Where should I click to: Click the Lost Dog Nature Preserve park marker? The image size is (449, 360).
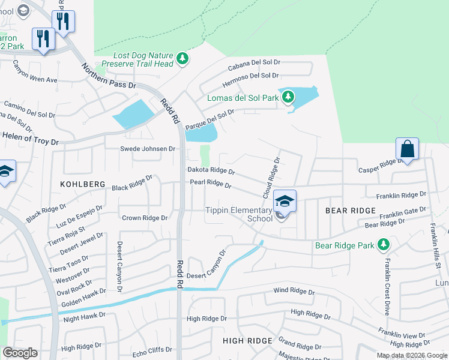(x=182, y=59)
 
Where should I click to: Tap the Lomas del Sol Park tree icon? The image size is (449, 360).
(x=288, y=97)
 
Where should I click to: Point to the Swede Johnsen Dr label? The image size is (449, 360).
(x=148, y=148)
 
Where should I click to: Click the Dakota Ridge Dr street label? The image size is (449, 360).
(x=211, y=170)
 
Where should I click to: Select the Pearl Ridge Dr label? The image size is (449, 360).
(x=211, y=185)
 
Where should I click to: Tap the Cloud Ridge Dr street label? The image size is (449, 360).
(x=271, y=178)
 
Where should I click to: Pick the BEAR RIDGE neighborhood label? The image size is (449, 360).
(x=351, y=211)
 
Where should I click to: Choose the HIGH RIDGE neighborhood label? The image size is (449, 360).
(x=247, y=341)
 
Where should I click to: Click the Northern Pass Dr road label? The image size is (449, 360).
(x=109, y=77)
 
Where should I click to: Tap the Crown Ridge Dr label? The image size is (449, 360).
(x=145, y=218)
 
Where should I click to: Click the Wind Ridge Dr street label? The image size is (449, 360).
(x=294, y=292)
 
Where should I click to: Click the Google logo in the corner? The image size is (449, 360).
(x=20, y=353)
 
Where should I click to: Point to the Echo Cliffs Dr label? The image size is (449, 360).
(x=152, y=349)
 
